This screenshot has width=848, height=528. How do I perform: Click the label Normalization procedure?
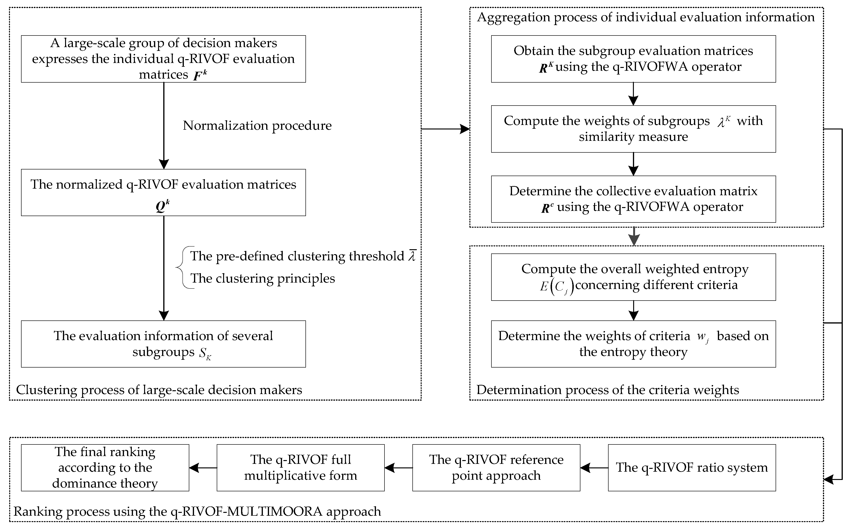click(x=257, y=125)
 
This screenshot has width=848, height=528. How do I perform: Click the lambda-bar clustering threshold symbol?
click(x=412, y=256)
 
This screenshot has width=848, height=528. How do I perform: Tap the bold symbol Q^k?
click(x=162, y=206)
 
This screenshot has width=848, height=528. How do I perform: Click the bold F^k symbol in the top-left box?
click(x=200, y=75)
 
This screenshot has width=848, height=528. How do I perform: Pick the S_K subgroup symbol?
click(x=205, y=353)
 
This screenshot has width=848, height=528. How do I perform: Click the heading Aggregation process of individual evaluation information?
click(x=645, y=17)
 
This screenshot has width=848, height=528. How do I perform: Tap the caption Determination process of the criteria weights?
click(x=607, y=390)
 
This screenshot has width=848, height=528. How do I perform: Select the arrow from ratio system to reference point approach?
click(x=594, y=468)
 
